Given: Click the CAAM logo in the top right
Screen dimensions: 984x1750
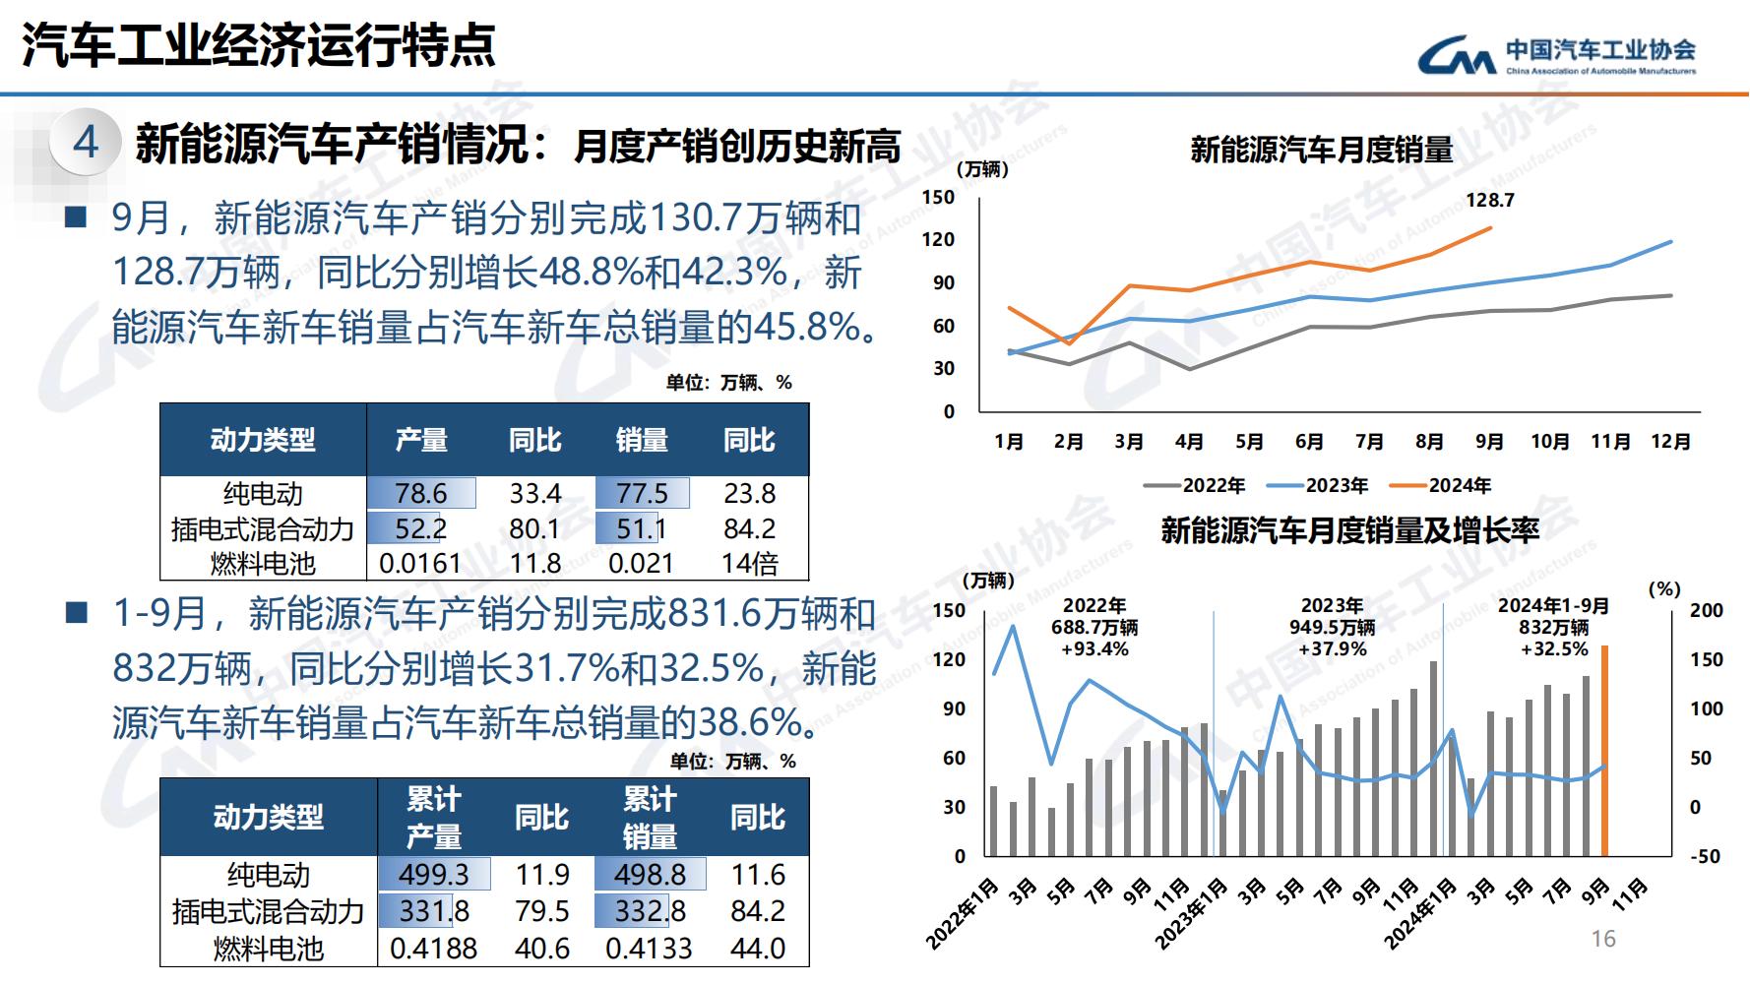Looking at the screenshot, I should pyautogui.click(x=1556, y=56).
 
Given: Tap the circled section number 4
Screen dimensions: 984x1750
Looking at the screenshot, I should pyautogui.click(x=86, y=142).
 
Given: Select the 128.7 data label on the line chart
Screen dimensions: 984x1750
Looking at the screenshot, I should pyautogui.click(x=1489, y=201).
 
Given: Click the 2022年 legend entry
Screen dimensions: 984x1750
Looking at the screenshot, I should pyautogui.click(x=1195, y=485).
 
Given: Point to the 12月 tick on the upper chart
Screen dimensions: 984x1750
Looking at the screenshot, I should pyautogui.click(x=1670, y=442).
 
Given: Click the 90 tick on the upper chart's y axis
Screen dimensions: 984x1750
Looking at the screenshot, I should pyautogui.click(x=943, y=283).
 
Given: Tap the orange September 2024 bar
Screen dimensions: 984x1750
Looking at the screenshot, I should pyautogui.click(x=1604, y=751).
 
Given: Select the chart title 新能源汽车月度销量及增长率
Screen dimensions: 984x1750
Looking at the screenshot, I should pyautogui.click(x=1348, y=531).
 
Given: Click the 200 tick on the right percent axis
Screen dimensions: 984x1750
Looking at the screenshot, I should pyautogui.click(x=1707, y=610).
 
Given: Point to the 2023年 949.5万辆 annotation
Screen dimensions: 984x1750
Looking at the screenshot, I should pyautogui.click(x=1332, y=627).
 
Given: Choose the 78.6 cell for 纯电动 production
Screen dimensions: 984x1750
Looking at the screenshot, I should pyautogui.click(x=421, y=493).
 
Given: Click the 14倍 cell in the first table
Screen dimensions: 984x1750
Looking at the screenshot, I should pyautogui.click(x=750, y=564).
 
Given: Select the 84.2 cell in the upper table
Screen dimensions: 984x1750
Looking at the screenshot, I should pyautogui.click(x=750, y=528).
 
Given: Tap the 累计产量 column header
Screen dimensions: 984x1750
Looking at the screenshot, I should pyautogui.click(x=434, y=817).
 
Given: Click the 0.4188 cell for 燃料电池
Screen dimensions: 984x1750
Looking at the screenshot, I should pyautogui.click(x=434, y=949).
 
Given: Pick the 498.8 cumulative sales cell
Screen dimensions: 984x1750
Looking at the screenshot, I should pyautogui.click(x=650, y=874).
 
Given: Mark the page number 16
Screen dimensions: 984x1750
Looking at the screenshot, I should pyautogui.click(x=1603, y=939).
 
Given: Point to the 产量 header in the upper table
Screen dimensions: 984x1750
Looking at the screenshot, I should pyautogui.click(x=421, y=440).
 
